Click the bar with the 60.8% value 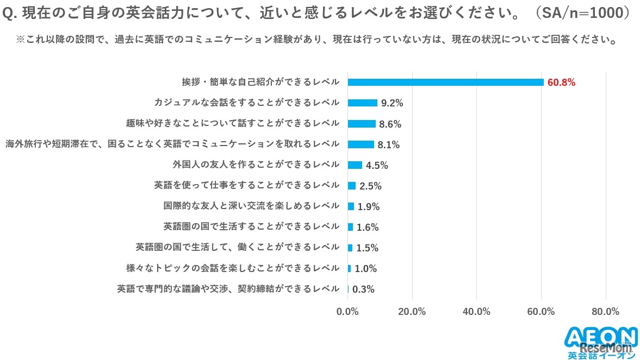(x=445, y=82)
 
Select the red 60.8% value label (x=561, y=83)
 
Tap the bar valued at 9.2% (x=362, y=103)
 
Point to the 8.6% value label (x=390, y=124)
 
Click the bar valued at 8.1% (x=361, y=144)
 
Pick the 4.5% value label (x=377, y=165)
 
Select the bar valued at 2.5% (x=351, y=186)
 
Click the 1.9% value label (x=369, y=206)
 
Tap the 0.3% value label (x=363, y=289)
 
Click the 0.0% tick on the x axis (x=347, y=312)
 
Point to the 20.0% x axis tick (x=412, y=312)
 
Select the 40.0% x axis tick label (x=476, y=312)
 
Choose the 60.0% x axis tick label (x=541, y=312)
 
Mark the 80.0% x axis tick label (x=605, y=312)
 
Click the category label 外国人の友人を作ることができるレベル (x=256, y=165)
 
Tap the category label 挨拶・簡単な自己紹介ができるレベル (x=260, y=82)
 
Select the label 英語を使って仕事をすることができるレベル (x=247, y=185)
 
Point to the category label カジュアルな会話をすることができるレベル (x=247, y=103)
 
